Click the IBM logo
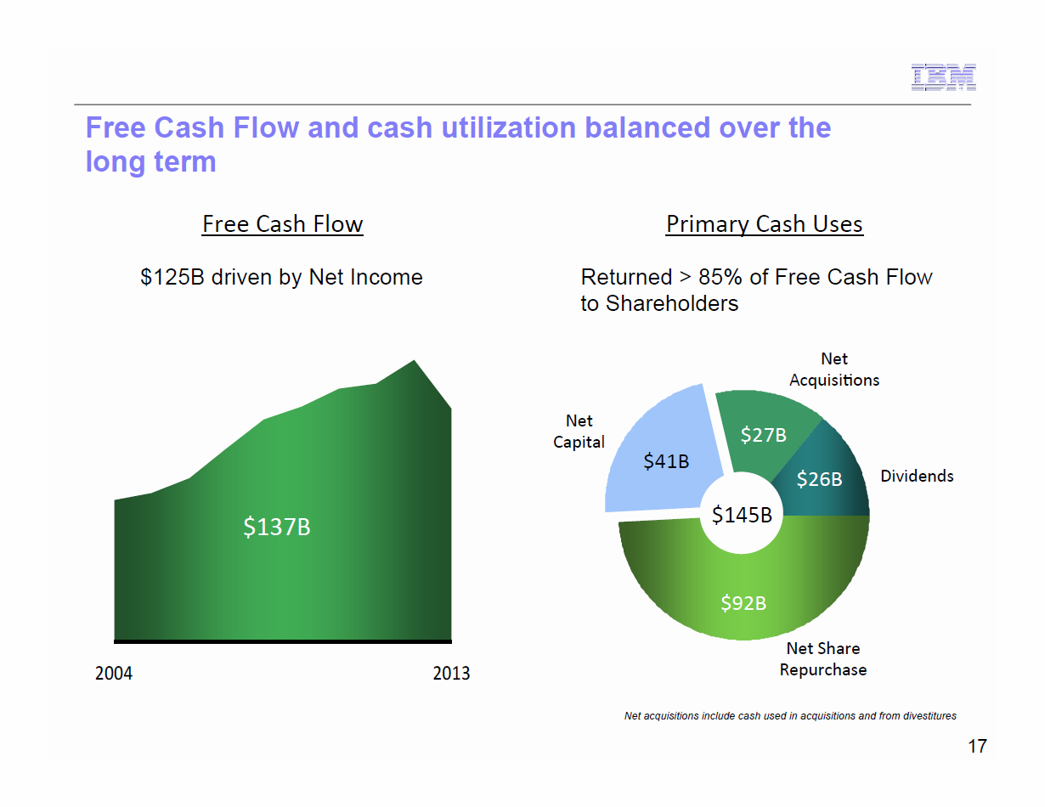(943, 77)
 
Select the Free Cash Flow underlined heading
(282, 224)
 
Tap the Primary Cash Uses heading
(764, 224)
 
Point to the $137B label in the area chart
(277, 528)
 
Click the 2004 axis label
(114, 674)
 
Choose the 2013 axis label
(451, 674)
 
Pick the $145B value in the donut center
(742, 514)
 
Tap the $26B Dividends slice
(819, 479)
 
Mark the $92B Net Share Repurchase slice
(743, 603)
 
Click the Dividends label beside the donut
(917, 477)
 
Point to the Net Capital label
(579, 432)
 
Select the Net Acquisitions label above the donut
(834, 370)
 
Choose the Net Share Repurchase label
(822, 659)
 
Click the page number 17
(977, 747)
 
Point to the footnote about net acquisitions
(790, 716)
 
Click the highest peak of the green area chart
(415, 362)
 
